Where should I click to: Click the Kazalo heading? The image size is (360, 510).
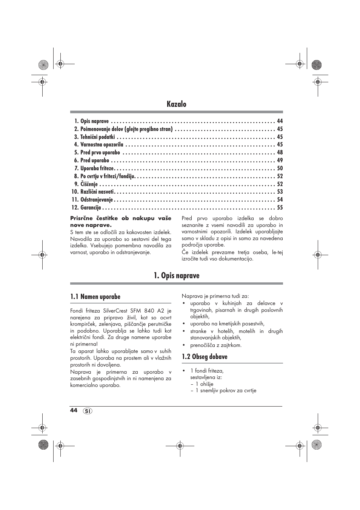click(176, 104)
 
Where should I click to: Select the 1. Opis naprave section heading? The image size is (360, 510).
click(176, 276)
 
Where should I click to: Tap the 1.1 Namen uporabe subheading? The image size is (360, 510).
click(95, 297)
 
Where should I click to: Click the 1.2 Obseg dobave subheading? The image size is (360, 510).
click(205, 357)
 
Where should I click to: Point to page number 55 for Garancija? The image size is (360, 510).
click(280, 208)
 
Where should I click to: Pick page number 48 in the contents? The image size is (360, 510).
click(280, 153)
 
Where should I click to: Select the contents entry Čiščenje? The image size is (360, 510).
click(89, 184)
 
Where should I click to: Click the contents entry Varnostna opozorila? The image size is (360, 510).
click(102, 145)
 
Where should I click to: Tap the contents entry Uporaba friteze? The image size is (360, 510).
click(97, 168)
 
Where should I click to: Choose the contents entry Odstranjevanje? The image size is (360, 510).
click(97, 200)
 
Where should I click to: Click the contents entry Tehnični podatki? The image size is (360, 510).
click(97, 137)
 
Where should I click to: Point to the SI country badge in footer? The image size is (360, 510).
click(88, 411)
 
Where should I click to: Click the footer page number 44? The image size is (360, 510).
click(74, 410)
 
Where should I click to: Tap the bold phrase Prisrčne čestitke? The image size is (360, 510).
click(94, 218)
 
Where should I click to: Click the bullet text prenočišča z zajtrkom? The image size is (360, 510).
click(215, 345)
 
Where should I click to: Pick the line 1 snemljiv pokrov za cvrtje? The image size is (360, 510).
click(225, 391)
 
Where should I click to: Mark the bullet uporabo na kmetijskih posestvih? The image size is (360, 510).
click(227, 324)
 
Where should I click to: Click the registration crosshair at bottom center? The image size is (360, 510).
click(180, 445)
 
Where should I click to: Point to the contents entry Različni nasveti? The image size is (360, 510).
click(97, 192)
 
